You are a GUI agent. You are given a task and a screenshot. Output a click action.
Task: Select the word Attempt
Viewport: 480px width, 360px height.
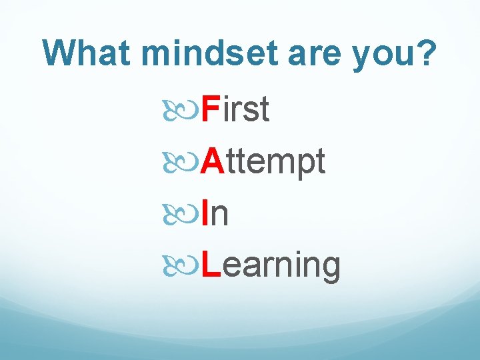point(263,162)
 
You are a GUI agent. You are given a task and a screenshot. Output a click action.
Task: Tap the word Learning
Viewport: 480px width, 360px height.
point(271,265)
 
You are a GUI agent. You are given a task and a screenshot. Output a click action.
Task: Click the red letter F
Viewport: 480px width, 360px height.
point(210,110)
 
